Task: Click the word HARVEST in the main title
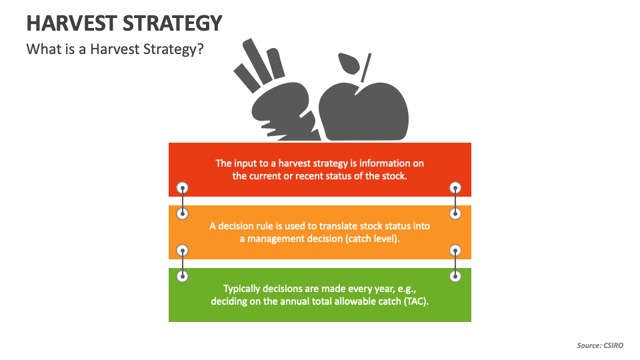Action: coord(71,23)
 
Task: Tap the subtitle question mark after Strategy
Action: coord(200,49)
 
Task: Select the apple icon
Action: coord(364,110)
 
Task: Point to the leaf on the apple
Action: coord(349,65)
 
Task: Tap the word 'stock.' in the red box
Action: coord(391,177)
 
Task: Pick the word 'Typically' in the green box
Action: coord(245,289)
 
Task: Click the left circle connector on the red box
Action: coord(183,188)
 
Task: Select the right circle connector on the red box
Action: coord(455,188)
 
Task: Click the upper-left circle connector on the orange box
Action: coord(183,213)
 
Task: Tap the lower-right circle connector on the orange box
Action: coord(455,251)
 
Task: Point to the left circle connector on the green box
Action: coord(183,276)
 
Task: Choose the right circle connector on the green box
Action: coord(455,276)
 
